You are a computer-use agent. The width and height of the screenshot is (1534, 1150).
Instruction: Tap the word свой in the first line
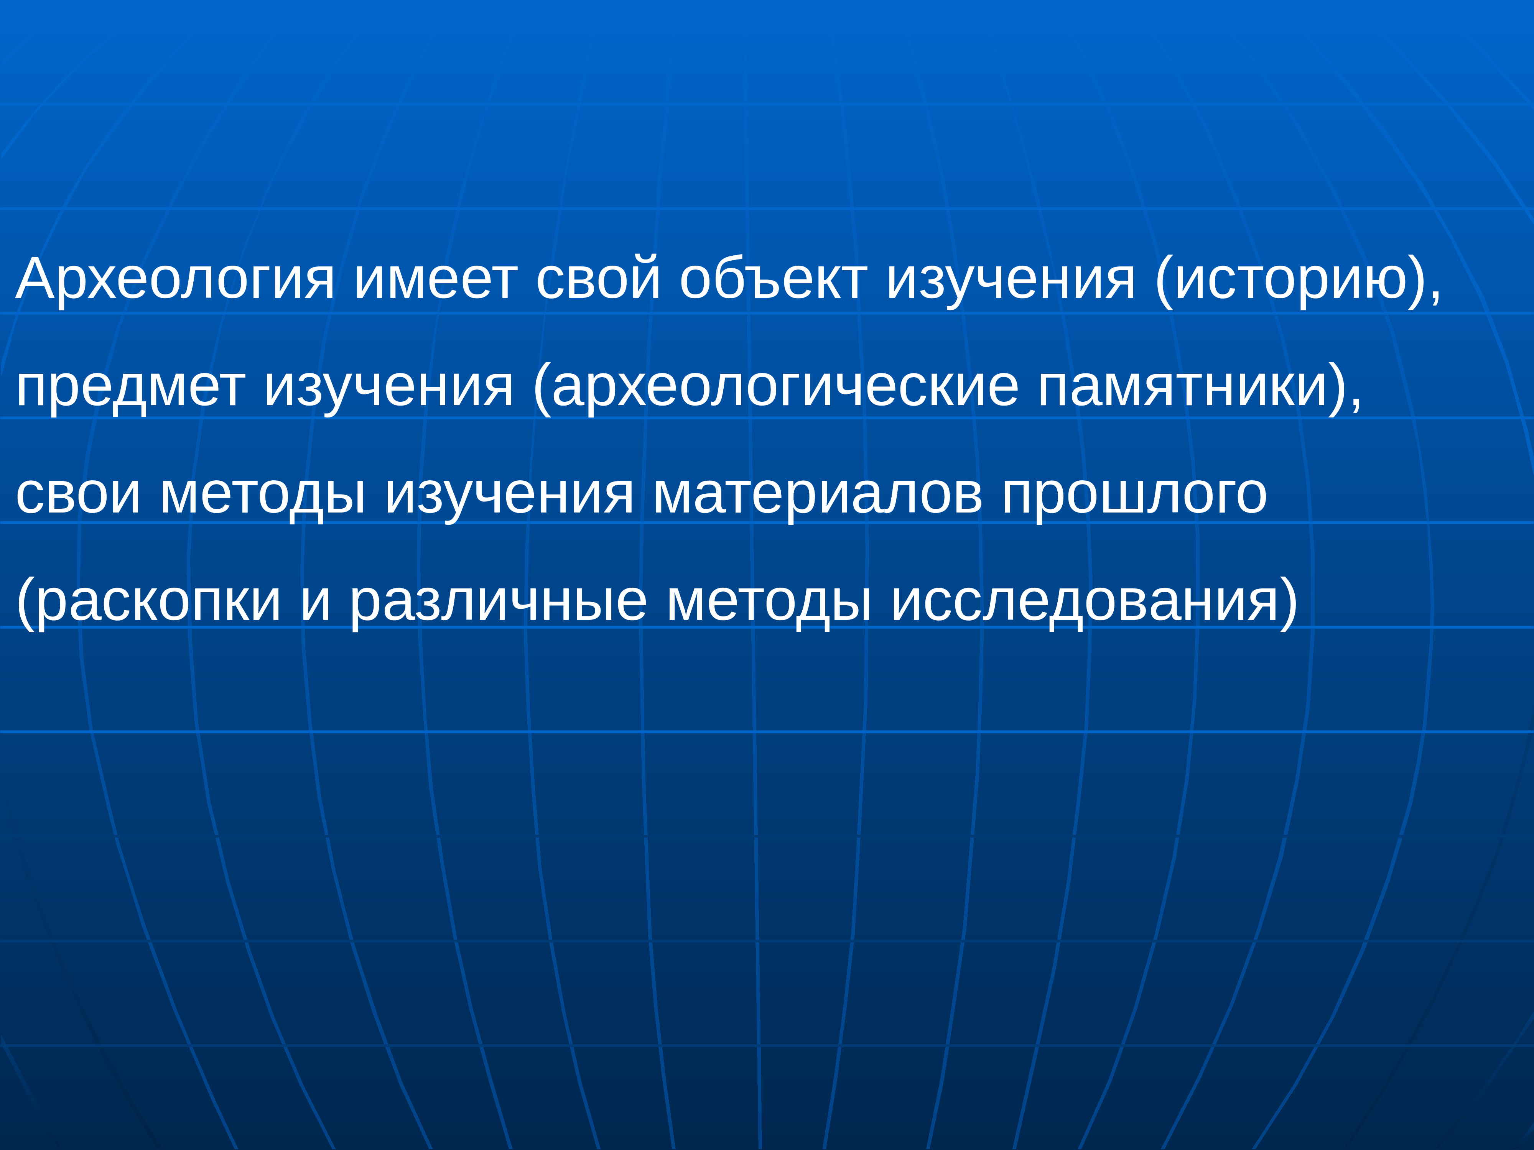(598, 279)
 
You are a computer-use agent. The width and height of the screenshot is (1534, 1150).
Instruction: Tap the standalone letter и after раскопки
(316, 602)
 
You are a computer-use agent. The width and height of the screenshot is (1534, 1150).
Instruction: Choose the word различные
(498, 602)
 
